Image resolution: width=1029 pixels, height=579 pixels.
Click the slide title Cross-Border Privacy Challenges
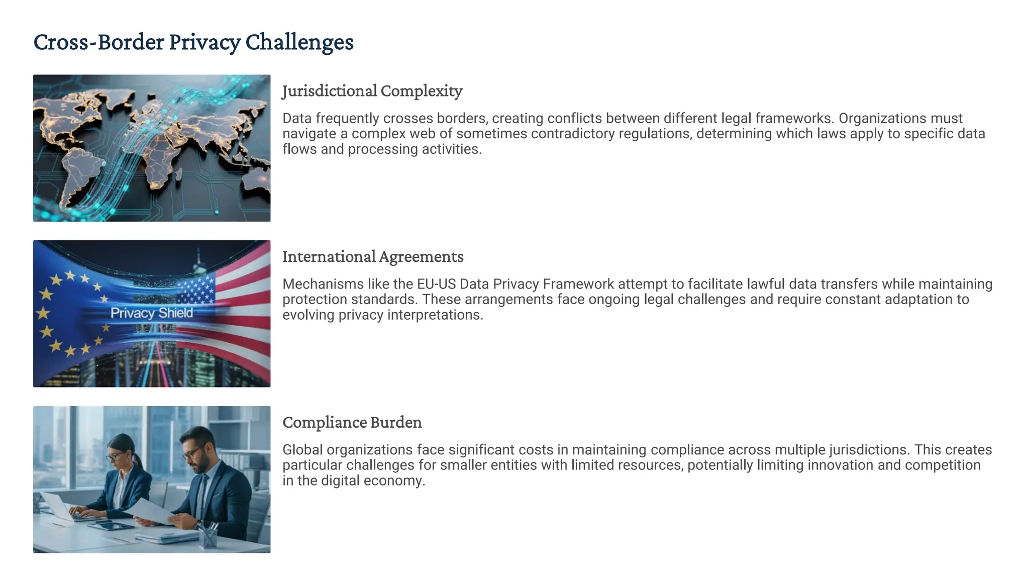coord(193,42)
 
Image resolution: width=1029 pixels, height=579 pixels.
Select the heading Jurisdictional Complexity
coord(372,91)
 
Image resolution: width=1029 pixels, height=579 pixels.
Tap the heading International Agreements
coord(373,257)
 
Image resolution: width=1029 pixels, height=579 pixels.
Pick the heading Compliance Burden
coord(352,422)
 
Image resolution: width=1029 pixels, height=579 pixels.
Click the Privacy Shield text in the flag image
coord(152,313)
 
